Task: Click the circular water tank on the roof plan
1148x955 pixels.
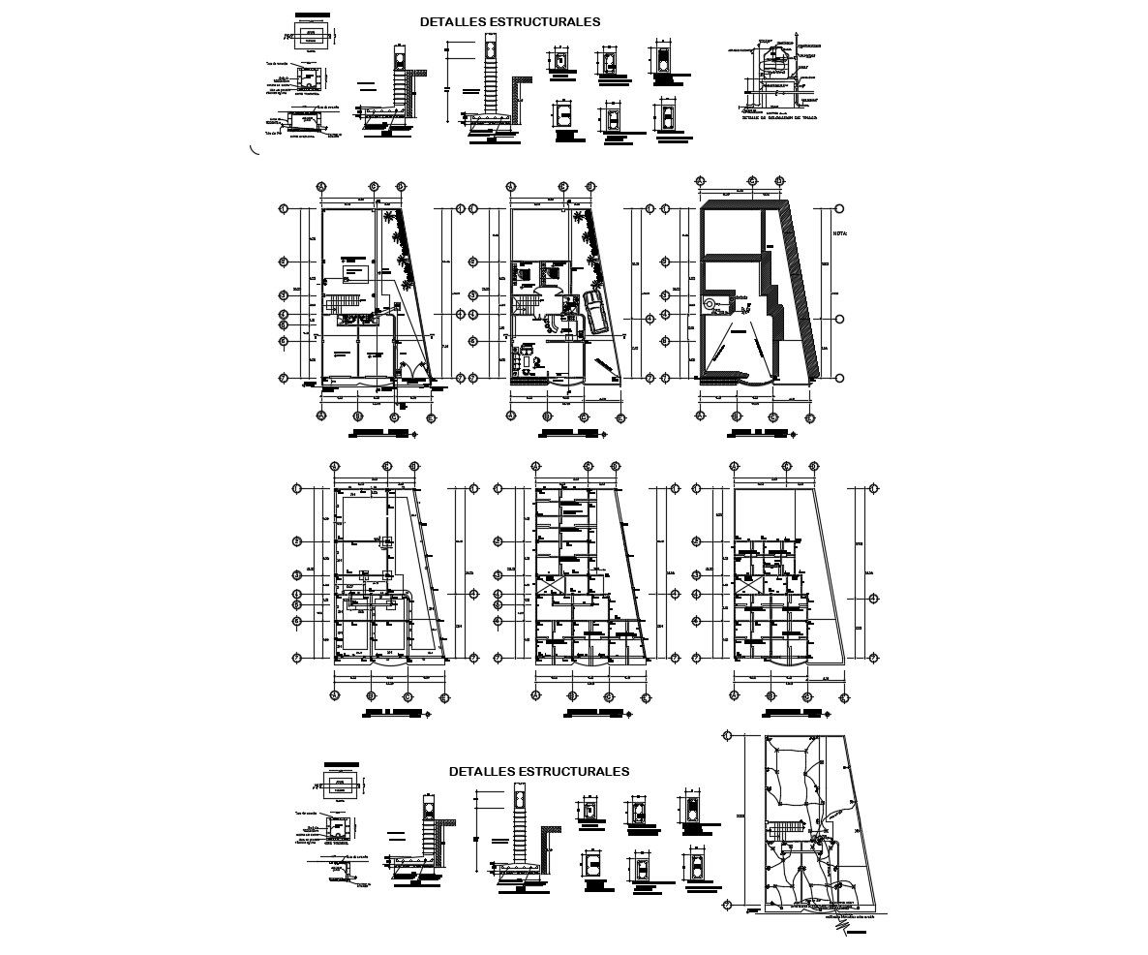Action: [x=710, y=303]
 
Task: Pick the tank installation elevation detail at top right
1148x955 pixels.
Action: [x=779, y=77]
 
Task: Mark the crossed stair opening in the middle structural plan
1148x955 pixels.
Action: [x=548, y=586]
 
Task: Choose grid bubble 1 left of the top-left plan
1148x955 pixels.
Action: [x=283, y=208]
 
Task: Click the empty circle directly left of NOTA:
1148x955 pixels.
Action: [x=839, y=208]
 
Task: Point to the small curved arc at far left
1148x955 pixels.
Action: [x=255, y=149]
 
